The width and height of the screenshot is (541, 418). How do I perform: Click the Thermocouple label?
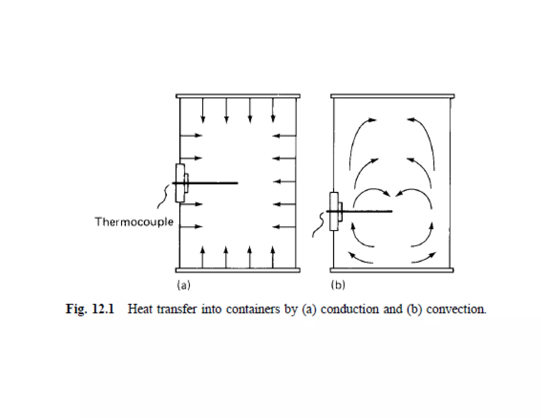(x=134, y=222)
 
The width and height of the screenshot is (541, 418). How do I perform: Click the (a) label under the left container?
(x=184, y=285)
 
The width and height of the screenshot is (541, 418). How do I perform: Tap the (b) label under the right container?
(x=338, y=285)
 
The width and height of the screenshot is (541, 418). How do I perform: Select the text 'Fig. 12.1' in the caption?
(x=90, y=309)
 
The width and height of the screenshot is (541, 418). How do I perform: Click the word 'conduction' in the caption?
(x=349, y=309)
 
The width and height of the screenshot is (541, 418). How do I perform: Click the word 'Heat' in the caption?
(x=140, y=309)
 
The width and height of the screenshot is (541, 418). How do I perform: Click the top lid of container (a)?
(x=238, y=96)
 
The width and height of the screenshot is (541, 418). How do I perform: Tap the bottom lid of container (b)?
(x=392, y=270)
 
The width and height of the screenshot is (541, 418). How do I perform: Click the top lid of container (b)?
(x=393, y=96)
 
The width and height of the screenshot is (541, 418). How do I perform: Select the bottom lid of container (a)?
(x=238, y=270)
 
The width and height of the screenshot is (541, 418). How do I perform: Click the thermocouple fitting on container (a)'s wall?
(x=180, y=183)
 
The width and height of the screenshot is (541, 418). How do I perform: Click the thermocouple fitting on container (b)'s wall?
(x=334, y=211)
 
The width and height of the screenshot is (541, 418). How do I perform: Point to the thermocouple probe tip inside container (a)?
(x=236, y=183)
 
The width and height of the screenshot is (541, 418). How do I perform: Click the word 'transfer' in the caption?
(x=177, y=309)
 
